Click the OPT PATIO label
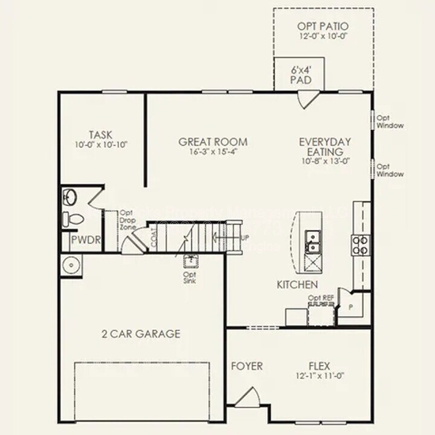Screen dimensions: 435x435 click(323, 27)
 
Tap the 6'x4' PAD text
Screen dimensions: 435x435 click(300, 74)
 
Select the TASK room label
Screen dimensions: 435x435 click(100, 134)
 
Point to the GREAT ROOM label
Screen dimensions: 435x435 click(213, 142)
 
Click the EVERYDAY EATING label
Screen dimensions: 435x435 click(325, 146)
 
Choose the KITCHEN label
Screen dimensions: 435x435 click(297, 284)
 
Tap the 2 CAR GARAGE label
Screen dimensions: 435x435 click(141, 333)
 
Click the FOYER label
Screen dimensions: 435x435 click(246, 366)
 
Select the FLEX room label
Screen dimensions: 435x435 click(319, 366)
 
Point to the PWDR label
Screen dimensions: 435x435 click(85, 242)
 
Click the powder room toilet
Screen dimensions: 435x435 click(71, 218)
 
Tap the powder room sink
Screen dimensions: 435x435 click(69, 197)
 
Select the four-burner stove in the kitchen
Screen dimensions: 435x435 click(360, 244)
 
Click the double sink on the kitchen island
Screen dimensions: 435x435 click(313, 240)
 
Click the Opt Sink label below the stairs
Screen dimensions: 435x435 click(190, 277)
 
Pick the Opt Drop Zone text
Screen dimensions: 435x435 click(127, 220)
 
